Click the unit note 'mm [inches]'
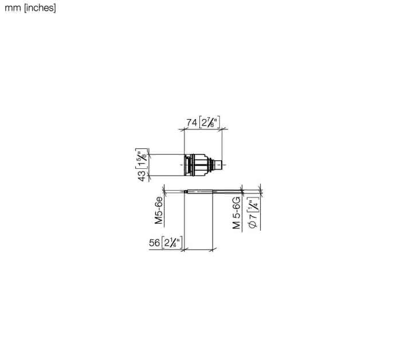pos(30,8)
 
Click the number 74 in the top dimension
pos(192,122)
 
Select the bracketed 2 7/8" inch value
pos(210,122)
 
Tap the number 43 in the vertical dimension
pos(141,176)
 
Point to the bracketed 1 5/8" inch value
pos(141,159)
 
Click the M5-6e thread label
pos(159,210)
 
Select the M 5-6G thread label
pos(237,213)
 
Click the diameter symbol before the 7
pos(253,224)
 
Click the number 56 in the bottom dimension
pos(155,243)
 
